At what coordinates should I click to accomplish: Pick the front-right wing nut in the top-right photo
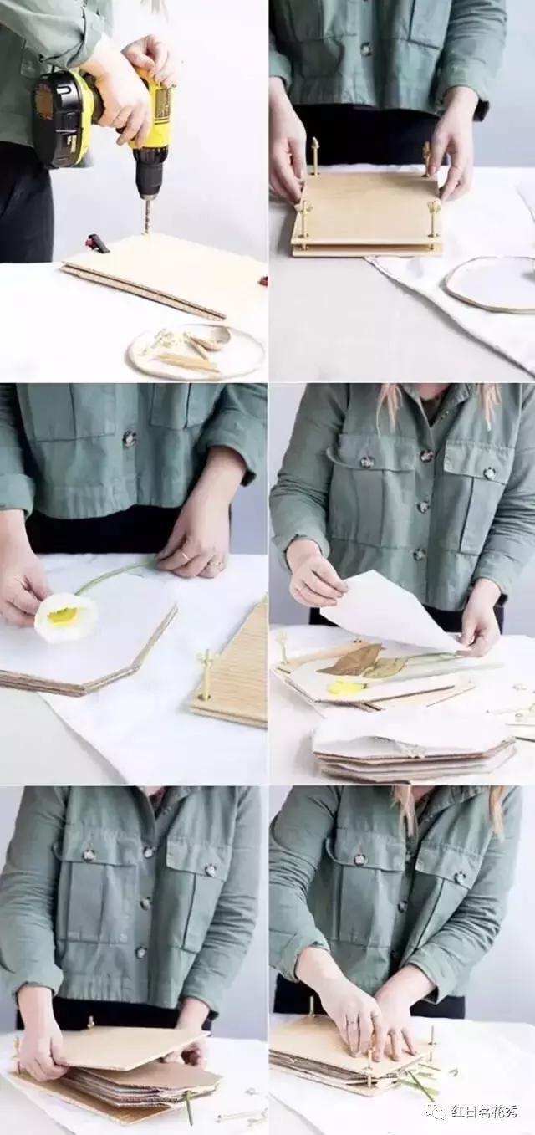434,207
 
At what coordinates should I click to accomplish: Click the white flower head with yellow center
66,618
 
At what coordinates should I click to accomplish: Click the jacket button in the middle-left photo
129,436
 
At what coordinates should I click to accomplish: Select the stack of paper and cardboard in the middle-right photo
411,749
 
